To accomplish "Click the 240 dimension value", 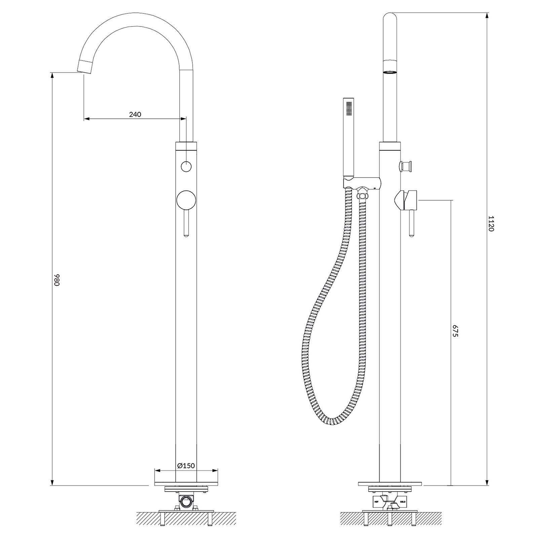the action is pos(135,114).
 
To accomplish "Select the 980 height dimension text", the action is pos(57,279).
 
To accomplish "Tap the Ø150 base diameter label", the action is pos(186,466).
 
